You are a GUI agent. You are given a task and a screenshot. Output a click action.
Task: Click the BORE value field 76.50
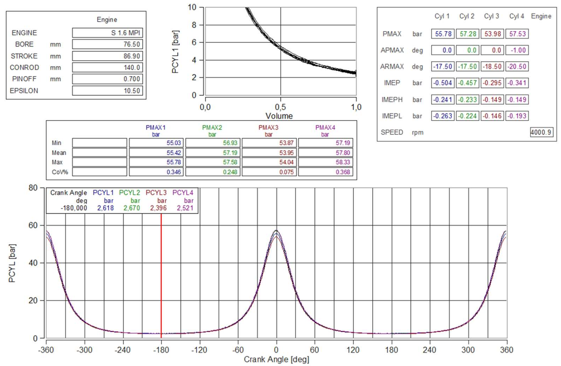tap(107, 44)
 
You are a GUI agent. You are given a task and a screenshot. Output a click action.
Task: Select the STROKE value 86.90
tap(107, 56)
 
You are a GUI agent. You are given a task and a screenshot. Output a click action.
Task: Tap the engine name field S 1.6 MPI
tap(107, 33)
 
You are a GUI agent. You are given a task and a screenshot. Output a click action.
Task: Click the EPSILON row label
tap(24, 91)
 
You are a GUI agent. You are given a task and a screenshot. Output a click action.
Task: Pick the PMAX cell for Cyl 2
tap(467, 34)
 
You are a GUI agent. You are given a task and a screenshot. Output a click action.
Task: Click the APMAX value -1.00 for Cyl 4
tap(517, 50)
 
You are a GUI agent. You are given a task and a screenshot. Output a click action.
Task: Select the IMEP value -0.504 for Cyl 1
tap(443, 83)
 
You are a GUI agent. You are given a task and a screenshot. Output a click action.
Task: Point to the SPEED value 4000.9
tap(541, 132)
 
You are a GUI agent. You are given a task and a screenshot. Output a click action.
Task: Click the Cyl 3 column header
tap(491, 16)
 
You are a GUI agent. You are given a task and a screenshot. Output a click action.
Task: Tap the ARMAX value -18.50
tap(492, 67)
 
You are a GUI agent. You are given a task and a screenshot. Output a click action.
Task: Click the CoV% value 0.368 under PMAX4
tap(325, 172)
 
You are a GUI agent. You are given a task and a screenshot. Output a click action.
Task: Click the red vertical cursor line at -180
tap(161, 277)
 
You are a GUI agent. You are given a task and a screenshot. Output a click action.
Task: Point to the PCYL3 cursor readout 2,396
tap(158, 208)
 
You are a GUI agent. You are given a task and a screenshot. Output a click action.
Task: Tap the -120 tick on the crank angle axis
tap(199, 350)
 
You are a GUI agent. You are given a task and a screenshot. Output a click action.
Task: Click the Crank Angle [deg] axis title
tap(276, 359)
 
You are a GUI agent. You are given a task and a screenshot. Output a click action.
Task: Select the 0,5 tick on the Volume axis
tap(280, 107)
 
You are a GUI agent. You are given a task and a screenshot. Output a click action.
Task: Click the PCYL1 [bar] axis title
tap(175, 52)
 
